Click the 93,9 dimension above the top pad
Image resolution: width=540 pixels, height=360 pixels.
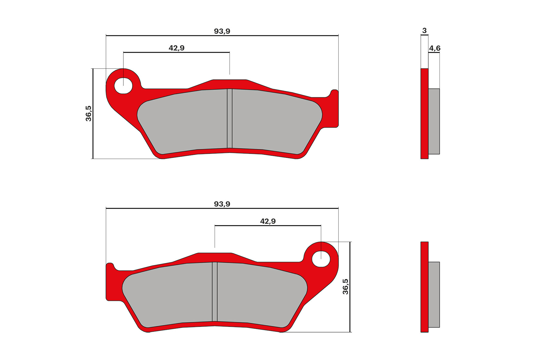[x=222, y=31]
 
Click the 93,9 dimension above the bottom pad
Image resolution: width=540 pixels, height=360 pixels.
[x=222, y=204]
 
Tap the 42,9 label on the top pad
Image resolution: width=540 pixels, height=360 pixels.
[x=176, y=48]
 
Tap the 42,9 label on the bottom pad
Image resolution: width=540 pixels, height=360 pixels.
[x=268, y=221]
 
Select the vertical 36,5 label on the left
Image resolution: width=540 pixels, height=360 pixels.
[x=88, y=113]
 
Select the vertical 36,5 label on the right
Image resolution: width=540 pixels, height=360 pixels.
[x=345, y=287]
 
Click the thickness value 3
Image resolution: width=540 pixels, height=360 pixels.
[x=424, y=30]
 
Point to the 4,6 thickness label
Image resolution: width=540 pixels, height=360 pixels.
[x=435, y=48]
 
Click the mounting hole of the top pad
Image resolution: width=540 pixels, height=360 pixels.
[x=123, y=85]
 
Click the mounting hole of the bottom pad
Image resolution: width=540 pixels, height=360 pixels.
[x=321, y=259]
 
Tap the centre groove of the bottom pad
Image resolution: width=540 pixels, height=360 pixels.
[x=215, y=291]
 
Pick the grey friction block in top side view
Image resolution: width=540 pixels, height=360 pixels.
[x=434, y=121]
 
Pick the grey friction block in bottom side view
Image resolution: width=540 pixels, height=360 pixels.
[x=434, y=295]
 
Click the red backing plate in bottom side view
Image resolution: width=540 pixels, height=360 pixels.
[x=424, y=287]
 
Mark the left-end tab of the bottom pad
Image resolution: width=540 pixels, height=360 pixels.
[x=110, y=283]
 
